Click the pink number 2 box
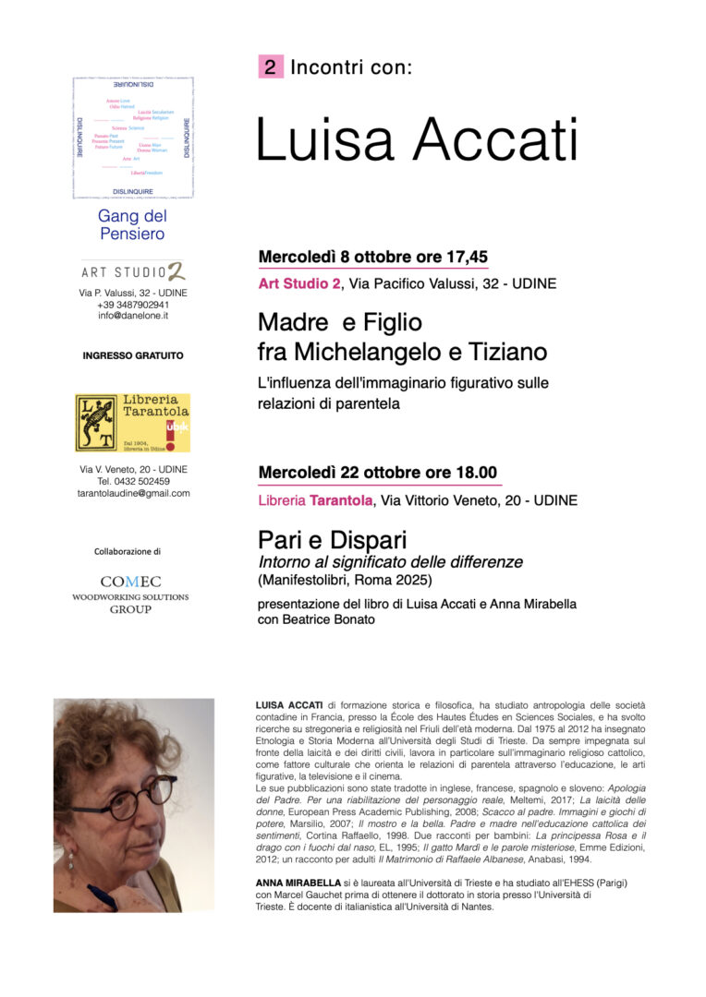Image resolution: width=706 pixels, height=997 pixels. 270,66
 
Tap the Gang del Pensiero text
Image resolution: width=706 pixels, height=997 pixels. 132,224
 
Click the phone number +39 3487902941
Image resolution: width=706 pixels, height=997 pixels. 133,305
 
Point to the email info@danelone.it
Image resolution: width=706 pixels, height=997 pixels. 133,316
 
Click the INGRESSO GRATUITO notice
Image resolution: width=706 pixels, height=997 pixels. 133,355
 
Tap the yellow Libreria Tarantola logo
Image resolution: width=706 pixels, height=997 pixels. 132,423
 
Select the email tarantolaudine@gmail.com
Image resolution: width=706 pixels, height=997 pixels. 133,493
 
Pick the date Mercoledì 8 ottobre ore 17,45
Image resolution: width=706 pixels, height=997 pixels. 372,257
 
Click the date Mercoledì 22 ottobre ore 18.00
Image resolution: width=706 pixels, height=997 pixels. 377,473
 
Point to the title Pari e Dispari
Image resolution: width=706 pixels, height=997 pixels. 333,540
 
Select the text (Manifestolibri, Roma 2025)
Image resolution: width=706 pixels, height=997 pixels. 345,580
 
